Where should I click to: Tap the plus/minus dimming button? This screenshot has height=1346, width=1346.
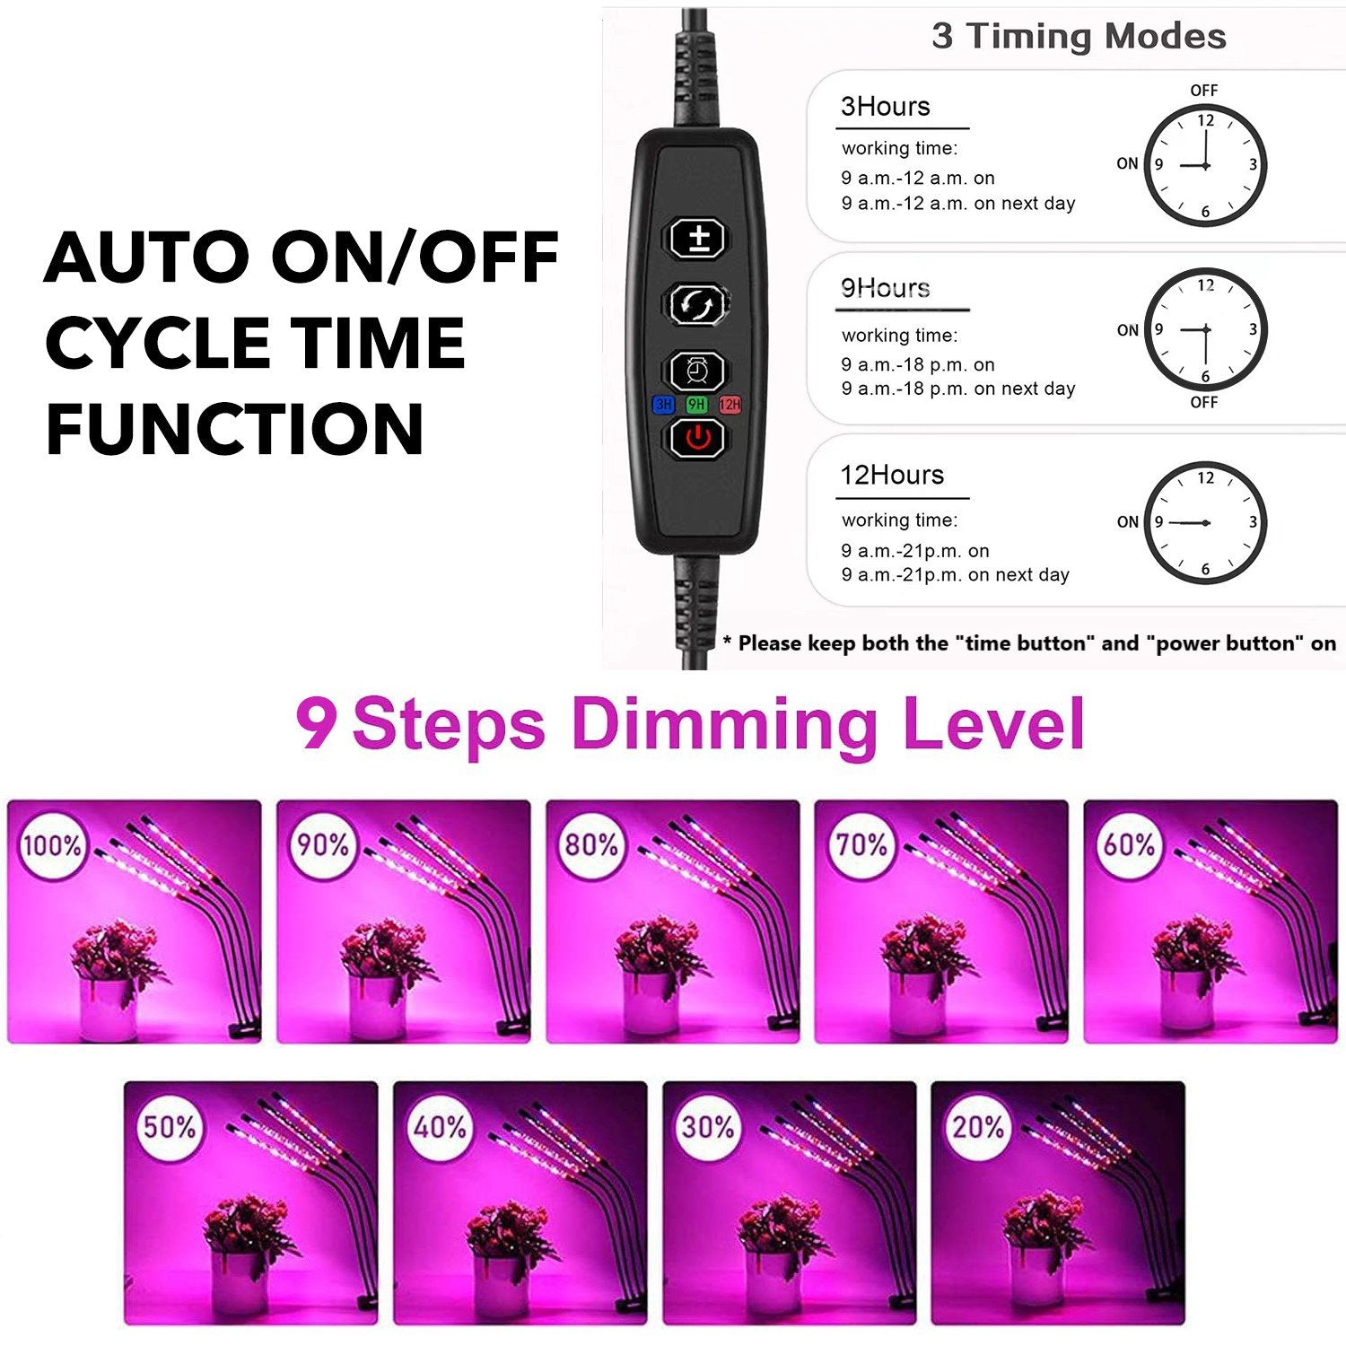(698, 239)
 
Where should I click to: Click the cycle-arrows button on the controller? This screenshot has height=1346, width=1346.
(698, 304)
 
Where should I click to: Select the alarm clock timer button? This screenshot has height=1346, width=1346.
(698, 370)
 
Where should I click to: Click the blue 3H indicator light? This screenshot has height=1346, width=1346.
(663, 405)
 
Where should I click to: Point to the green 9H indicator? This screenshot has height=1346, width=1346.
(696, 405)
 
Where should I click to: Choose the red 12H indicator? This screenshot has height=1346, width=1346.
(730, 405)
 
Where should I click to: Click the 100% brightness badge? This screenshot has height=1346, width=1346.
(52, 845)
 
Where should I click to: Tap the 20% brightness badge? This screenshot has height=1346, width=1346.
(977, 1127)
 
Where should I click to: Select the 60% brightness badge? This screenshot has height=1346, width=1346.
(1129, 845)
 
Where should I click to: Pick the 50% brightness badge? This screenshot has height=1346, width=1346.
(170, 1127)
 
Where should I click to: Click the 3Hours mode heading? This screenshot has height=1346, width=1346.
(886, 107)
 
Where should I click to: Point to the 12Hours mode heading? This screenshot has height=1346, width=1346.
(892, 475)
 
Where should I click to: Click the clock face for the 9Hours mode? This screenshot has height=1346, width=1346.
(1205, 329)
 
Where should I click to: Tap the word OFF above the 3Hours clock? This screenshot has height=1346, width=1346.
(1204, 91)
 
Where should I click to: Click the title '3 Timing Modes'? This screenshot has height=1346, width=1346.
(1079, 36)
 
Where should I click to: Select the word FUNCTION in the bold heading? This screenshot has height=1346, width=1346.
(235, 429)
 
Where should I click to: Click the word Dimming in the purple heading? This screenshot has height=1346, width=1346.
(723, 725)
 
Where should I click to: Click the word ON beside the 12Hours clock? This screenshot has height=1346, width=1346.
(1127, 522)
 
